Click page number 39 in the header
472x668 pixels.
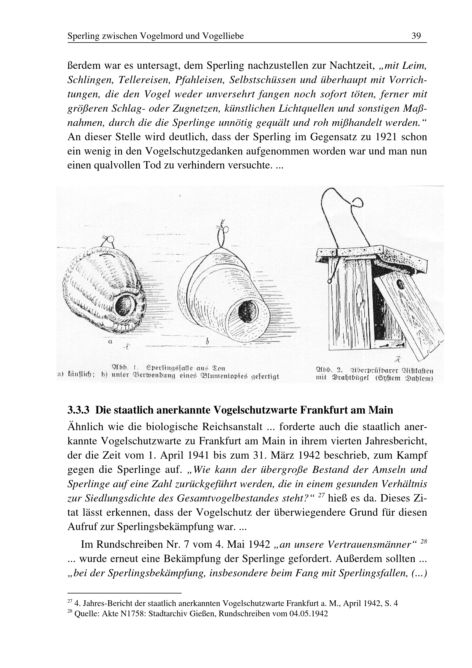point(416,36)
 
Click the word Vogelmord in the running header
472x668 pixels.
point(162,36)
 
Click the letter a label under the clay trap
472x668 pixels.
point(110,342)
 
